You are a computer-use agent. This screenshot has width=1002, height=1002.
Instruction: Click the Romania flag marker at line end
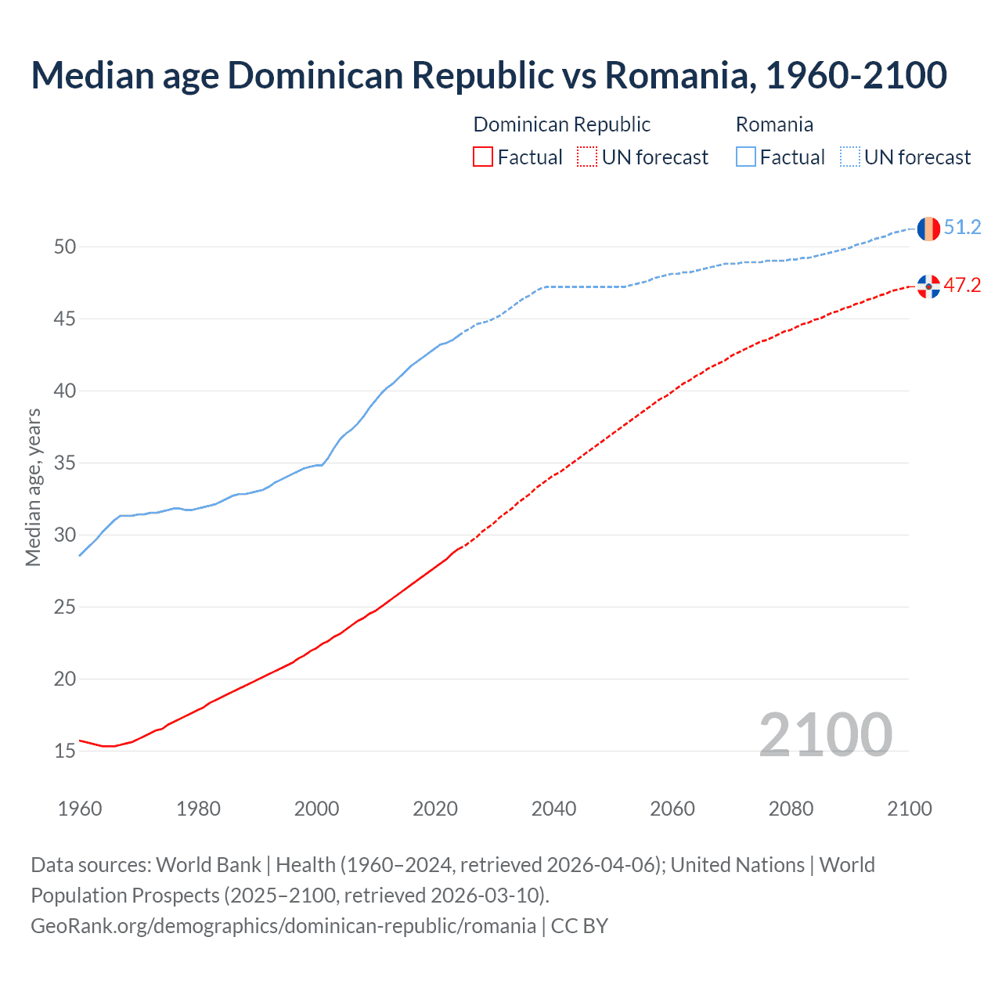click(928, 229)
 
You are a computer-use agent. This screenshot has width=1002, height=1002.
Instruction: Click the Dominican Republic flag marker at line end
click(928, 287)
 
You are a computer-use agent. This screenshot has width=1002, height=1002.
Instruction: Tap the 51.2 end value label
click(962, 228)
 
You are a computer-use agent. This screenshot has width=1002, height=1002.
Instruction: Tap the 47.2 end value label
click(962, 286)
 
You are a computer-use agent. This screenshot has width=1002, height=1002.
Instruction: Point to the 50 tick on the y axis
click(65, 247)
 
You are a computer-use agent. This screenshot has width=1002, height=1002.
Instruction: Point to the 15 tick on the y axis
click(65, 751)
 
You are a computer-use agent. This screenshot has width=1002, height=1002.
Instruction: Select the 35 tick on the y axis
click(65, 463)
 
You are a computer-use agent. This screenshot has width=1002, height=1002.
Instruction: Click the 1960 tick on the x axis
click(80, 809)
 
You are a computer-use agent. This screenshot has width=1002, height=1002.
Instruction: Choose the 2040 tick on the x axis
click(553, 809)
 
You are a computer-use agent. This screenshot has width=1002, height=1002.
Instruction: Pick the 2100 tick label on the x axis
click(909, 809)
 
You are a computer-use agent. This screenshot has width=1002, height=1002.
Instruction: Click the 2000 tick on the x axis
click(316, 809)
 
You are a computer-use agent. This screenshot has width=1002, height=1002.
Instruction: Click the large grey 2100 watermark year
click(825, 734)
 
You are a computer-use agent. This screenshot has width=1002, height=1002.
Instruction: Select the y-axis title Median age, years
click(33, 487)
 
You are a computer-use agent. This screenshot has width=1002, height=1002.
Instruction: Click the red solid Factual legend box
click(483, 157)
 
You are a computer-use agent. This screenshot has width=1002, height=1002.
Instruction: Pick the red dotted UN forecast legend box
click(587, 157)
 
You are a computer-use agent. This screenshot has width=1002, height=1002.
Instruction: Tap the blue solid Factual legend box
click(746, 157)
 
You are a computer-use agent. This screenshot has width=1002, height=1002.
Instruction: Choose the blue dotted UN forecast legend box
click(850, 157)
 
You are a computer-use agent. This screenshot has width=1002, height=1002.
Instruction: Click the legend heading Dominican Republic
click(561, 124)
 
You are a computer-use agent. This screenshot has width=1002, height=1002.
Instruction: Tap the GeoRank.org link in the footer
click(283, 926)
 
